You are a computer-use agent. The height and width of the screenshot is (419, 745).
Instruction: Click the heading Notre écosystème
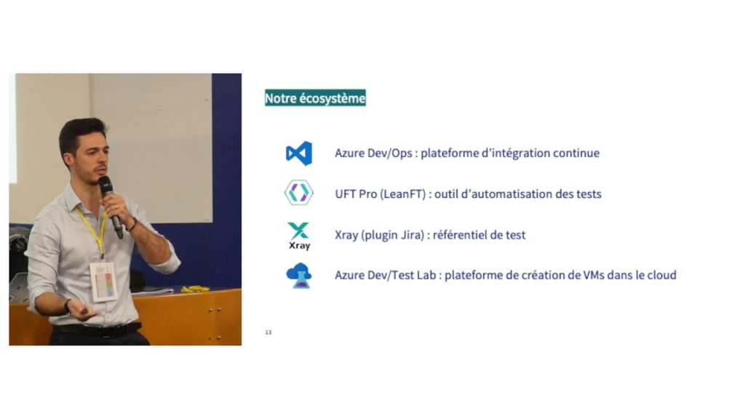point(315,98)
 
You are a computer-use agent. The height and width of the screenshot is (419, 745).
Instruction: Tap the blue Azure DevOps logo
point(299,153)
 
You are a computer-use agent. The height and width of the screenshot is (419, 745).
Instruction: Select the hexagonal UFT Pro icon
point(298,193)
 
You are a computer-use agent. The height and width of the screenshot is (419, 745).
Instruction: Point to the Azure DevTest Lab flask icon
point(298,276)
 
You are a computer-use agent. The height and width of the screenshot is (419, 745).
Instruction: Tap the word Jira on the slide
point(416,235)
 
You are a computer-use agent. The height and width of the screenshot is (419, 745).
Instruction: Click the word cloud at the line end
point(661,275)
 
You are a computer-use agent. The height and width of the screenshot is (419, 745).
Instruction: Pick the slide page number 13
point(268,332)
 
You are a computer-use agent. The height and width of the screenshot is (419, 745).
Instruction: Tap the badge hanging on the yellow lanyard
point(103,281)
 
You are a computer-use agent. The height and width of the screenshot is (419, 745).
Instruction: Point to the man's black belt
point(95,330)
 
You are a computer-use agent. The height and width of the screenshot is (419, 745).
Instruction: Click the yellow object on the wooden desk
point(195,289)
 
